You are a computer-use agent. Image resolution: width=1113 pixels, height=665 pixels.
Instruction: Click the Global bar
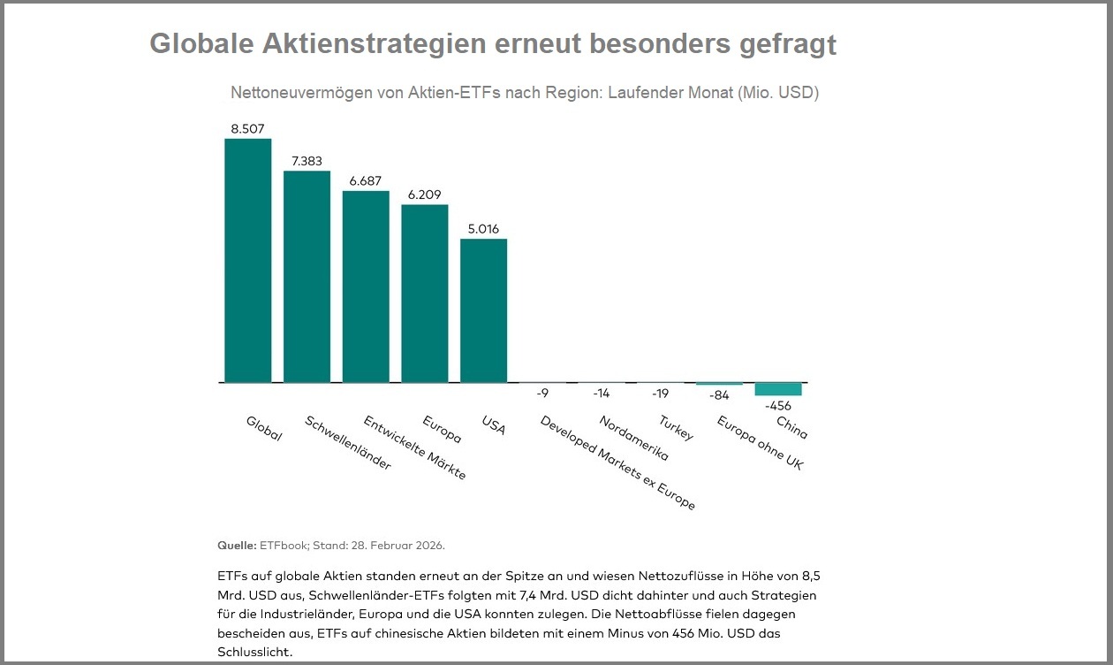point(247,261)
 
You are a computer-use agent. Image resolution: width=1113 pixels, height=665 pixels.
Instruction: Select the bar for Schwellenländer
point(307,277)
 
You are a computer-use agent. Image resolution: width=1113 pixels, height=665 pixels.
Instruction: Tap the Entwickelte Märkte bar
point(366,287)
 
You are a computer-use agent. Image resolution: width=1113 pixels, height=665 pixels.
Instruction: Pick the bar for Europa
point(425,294)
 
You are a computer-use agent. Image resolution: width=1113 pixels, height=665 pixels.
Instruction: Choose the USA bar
point(484,310)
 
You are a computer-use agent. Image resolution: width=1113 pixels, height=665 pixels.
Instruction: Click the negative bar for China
point(778,389)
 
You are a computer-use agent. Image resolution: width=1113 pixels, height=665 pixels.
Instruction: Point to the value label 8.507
point(247,129)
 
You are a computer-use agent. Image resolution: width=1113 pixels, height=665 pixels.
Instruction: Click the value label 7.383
point(307,161)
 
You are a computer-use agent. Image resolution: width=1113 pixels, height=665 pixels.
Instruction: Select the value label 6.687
point(366,180)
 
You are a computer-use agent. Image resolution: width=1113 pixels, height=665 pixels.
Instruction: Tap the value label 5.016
point(484,229)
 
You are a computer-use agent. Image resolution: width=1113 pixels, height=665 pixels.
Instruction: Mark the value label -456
point(778,405)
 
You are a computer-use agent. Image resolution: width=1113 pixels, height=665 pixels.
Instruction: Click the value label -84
point(719,394)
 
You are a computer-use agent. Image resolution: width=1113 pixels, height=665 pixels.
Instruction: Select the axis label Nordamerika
point(633,439)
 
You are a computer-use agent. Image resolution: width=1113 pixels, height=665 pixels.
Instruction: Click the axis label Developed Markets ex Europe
point(617,462)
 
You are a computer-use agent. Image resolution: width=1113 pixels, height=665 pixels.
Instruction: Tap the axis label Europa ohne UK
point(760,442)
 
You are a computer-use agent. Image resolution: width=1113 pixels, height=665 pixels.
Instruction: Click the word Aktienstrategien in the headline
point(368,43)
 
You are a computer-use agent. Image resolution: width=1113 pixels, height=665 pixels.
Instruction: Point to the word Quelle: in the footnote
point(237,545)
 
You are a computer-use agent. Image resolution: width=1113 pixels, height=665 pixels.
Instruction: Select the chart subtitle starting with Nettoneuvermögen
point(524,93)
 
